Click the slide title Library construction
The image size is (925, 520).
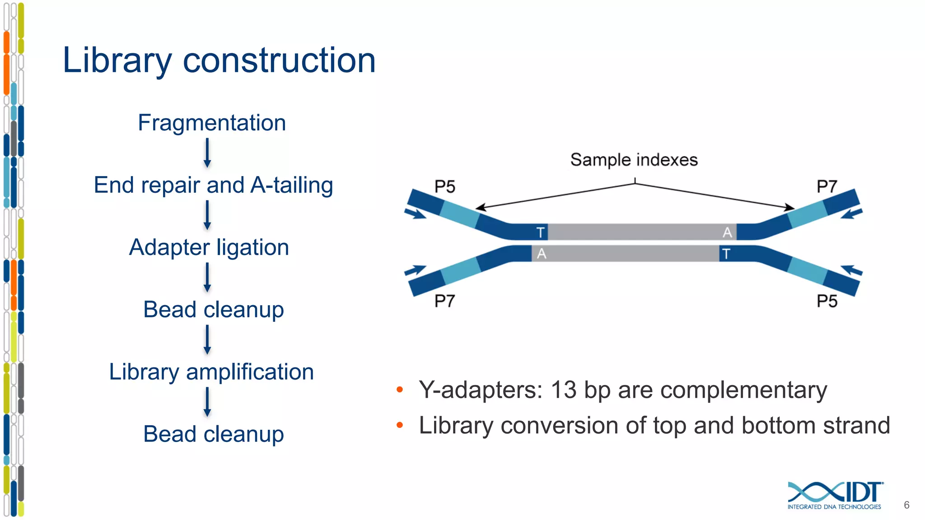(219, 60)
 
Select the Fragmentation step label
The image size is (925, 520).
(212, 123)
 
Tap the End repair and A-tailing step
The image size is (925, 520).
(213, 185)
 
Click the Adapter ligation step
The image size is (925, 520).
(209, 247)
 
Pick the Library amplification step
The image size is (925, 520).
(211, 372)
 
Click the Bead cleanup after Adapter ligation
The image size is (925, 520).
(213, 310)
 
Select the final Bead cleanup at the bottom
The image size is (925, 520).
(213, 434)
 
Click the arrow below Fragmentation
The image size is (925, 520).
(207, 153)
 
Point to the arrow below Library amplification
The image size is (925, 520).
(207, 402)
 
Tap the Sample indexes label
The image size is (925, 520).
(634, 160)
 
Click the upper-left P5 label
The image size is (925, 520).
(444, 186)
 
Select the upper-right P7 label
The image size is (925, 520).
(827, 186)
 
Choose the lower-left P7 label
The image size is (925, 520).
(444, 301)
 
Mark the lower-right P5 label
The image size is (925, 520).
(827, 301)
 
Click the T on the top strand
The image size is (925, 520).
(540, 232)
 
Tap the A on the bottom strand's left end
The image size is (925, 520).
(541, 254)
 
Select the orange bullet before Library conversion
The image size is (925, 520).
(399, 425)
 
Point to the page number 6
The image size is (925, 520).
(906, 505)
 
